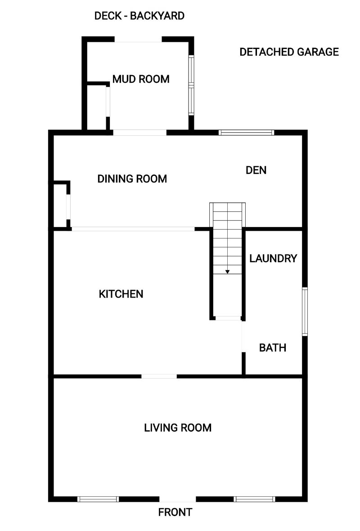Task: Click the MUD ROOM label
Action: click(141, 79)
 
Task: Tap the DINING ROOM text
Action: click(132, 179)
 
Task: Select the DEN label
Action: click(256, 170)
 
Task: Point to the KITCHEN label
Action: click(121, 294)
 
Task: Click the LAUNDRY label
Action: click(273, 259)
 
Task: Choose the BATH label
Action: click(273, 348)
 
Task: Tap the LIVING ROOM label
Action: click(178, 428)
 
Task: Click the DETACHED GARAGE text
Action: click(289, 52)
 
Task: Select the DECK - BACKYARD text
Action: click(139, 16)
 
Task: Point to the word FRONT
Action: click(175, 513)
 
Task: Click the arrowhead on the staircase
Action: click(227, 271)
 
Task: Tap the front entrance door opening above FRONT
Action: click(178, 499)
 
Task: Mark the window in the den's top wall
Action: click(247, 132)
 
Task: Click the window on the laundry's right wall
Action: click(305, 312)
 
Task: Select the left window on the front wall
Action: click(98, 499)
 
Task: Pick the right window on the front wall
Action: click(255, 499)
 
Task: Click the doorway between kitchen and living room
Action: click(159, 376)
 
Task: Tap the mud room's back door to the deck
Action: click(138, 40)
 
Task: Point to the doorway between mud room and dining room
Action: click(139, 132)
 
